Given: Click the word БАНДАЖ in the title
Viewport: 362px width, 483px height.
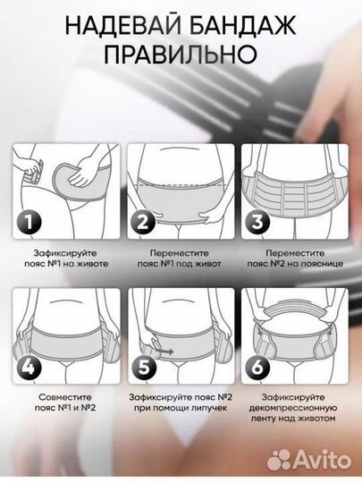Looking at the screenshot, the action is [242, 26].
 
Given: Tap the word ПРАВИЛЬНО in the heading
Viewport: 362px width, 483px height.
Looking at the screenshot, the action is [181, 55].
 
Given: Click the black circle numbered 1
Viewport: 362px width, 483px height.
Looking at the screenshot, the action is [29, 222].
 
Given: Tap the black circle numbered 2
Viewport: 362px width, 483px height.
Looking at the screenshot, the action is [143, 222].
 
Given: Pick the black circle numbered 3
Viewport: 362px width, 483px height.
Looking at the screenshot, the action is [257, 222].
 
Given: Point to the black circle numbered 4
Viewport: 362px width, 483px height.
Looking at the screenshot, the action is [29, 367].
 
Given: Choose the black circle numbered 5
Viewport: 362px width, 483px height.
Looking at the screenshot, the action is [144, 367].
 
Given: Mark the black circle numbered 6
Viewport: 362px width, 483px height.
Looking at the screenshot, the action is [257, 367].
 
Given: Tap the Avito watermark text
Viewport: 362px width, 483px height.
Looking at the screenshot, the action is [323, 461].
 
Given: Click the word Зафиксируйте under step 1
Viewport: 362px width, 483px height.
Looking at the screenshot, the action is [65, 253].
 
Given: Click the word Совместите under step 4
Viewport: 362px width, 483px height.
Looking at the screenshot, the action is [65, 397].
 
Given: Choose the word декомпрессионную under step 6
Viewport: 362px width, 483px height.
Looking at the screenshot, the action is [293, 408].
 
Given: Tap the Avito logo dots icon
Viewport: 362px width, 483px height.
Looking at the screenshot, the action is [279, 461].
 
